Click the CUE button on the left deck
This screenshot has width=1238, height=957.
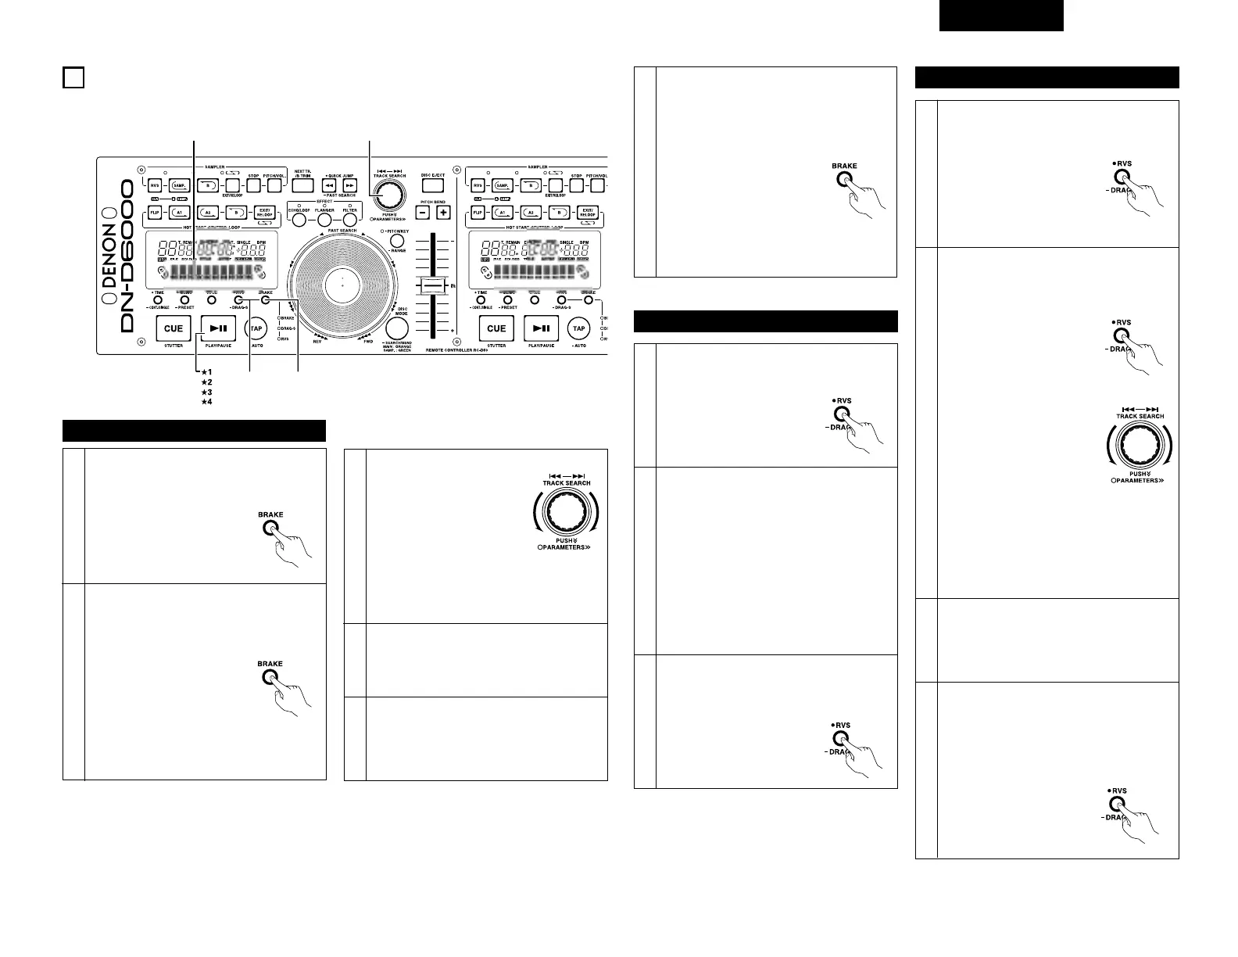click(173, 328)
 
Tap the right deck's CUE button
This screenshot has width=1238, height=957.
click(496, 328)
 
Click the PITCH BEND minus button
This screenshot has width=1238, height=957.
click(422, 212)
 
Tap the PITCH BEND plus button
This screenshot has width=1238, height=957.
click(443, 212)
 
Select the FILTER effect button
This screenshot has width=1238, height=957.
click(349, 221)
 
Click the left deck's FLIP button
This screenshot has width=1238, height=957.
click(154, 212)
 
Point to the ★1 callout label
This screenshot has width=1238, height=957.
click(207, 371)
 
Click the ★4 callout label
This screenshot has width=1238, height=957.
click(207, 402)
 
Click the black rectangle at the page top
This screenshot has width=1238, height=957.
click(1001, 16)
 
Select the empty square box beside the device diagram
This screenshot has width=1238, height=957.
click(73, 78)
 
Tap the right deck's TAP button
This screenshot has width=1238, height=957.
click(578, 328)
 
